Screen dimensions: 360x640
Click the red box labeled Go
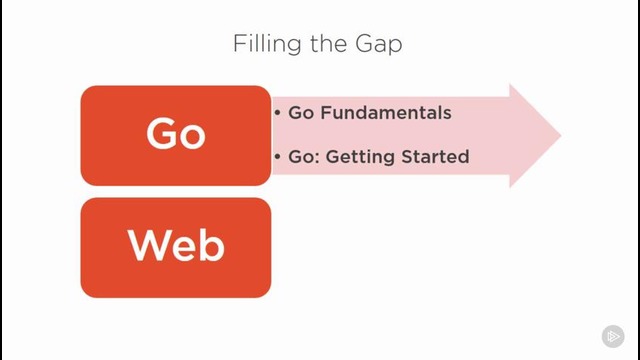176,135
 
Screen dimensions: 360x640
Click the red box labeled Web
176,247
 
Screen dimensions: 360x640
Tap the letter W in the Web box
148,245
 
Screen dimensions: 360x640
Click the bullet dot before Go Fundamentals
277,113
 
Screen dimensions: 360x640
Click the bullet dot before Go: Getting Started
277,157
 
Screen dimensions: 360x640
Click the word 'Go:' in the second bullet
303,157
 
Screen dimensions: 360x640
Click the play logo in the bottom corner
613,336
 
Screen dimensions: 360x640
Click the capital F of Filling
239,45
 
